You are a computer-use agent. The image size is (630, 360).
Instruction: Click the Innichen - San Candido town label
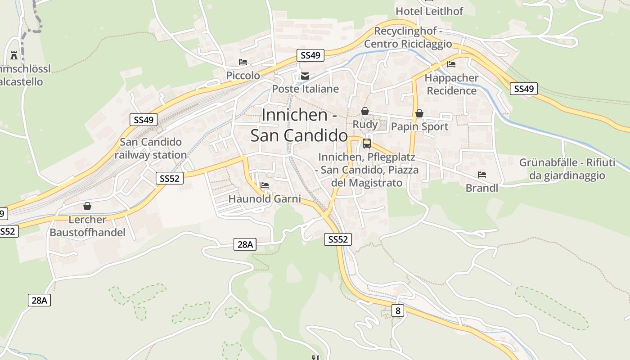tap(299, 125)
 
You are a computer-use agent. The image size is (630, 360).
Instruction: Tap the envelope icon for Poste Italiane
tap(305, 76)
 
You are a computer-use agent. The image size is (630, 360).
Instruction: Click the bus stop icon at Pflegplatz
tap(367, 144)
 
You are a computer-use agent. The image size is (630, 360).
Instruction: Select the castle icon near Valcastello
tap(14, 55)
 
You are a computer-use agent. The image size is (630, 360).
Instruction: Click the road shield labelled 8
tap(397, 310)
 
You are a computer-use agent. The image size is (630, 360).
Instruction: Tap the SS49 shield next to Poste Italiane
tap(310, 55)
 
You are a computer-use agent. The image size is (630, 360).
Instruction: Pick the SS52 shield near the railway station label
tap(170, 178)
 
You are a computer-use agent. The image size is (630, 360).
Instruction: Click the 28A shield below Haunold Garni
tap(245, 245)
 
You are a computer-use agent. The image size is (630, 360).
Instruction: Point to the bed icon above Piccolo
tap(243, 62)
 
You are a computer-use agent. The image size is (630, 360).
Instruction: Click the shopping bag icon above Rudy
tap(365, 111)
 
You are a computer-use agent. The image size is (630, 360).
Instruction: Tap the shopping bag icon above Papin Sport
tap(419, 113)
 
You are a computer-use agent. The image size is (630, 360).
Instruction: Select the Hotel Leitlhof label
tap(429, 11)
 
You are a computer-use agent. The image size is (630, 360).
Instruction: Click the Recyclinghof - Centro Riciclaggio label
tap(408, 38)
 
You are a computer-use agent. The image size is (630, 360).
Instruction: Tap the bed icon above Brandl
tap(482, 175)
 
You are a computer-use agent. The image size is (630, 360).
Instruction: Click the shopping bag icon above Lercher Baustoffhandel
tap(87, 206)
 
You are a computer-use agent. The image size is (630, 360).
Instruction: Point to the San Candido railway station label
tap(150, 148)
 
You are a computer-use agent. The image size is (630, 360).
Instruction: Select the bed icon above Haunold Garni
tap(265, 185)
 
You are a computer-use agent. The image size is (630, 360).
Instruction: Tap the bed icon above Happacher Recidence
tap(451, 64)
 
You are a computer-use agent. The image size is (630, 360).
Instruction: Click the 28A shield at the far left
tap(39, 300)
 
